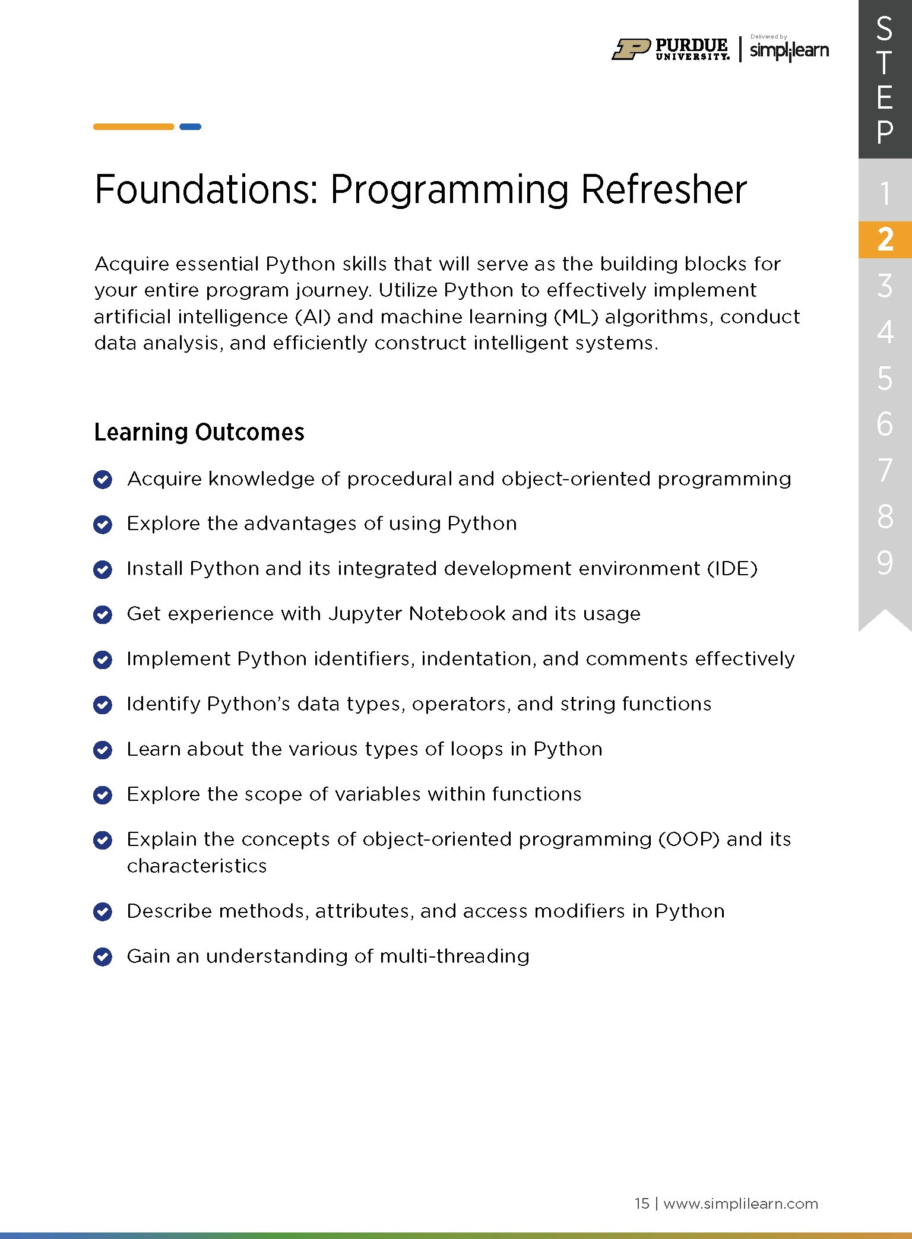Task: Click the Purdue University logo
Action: pos(671,49)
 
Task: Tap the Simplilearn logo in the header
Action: pos(789,49)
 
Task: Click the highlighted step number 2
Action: pos(885,239)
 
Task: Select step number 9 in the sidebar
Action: pos(885,562)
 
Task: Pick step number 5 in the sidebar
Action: pos(885,378)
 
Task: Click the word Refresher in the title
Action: pos(663,189)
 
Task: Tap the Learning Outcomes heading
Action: pos(199,432)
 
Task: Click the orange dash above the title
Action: pos(134,126)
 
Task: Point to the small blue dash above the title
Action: pos(191,126)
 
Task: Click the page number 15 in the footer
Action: pos(642,1203)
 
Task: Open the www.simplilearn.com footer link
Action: pos(740,1203)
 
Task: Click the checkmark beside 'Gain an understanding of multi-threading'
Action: pos(103,956)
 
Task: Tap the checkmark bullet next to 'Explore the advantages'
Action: pos(103,524)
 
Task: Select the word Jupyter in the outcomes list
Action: pos(366,614)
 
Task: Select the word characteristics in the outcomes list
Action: pos(197,866)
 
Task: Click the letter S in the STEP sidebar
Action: pos(885,28)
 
